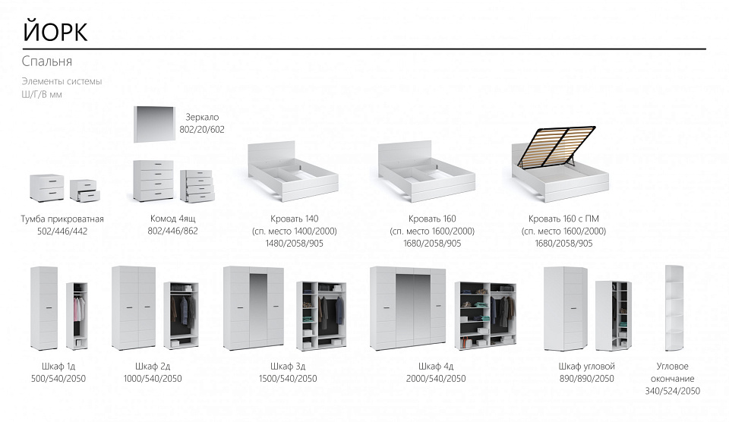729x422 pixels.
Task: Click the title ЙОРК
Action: (x=55, y=32)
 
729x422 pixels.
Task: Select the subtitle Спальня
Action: (x=46, y=61)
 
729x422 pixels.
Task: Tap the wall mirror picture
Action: (x=155, y=124)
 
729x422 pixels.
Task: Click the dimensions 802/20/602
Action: (x=202, y=130)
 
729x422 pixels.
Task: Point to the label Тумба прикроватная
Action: (x=62, y=219)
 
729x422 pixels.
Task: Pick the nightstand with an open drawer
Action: (x=84, y=191)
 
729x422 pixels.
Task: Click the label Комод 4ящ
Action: (x=172, y=219)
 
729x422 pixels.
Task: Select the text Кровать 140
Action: (x=295, y=219)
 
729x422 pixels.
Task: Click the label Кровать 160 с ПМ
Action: (x=563, y=219)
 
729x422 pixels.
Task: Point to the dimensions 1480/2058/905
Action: (x=295, y=243)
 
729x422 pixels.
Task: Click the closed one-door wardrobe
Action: (x=44, y=309)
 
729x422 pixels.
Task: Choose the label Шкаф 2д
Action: (x=153, y=367)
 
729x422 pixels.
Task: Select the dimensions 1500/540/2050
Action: (x=288, y=378)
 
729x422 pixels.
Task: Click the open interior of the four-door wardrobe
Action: (x=485, y=315)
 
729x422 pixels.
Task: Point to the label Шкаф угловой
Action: (x=587, y=367)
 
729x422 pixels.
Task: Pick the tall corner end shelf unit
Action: (x=674, y=309)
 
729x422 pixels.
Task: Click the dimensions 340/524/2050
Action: (x=672, y=391)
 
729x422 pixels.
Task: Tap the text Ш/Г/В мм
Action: (x=42, y=94)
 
